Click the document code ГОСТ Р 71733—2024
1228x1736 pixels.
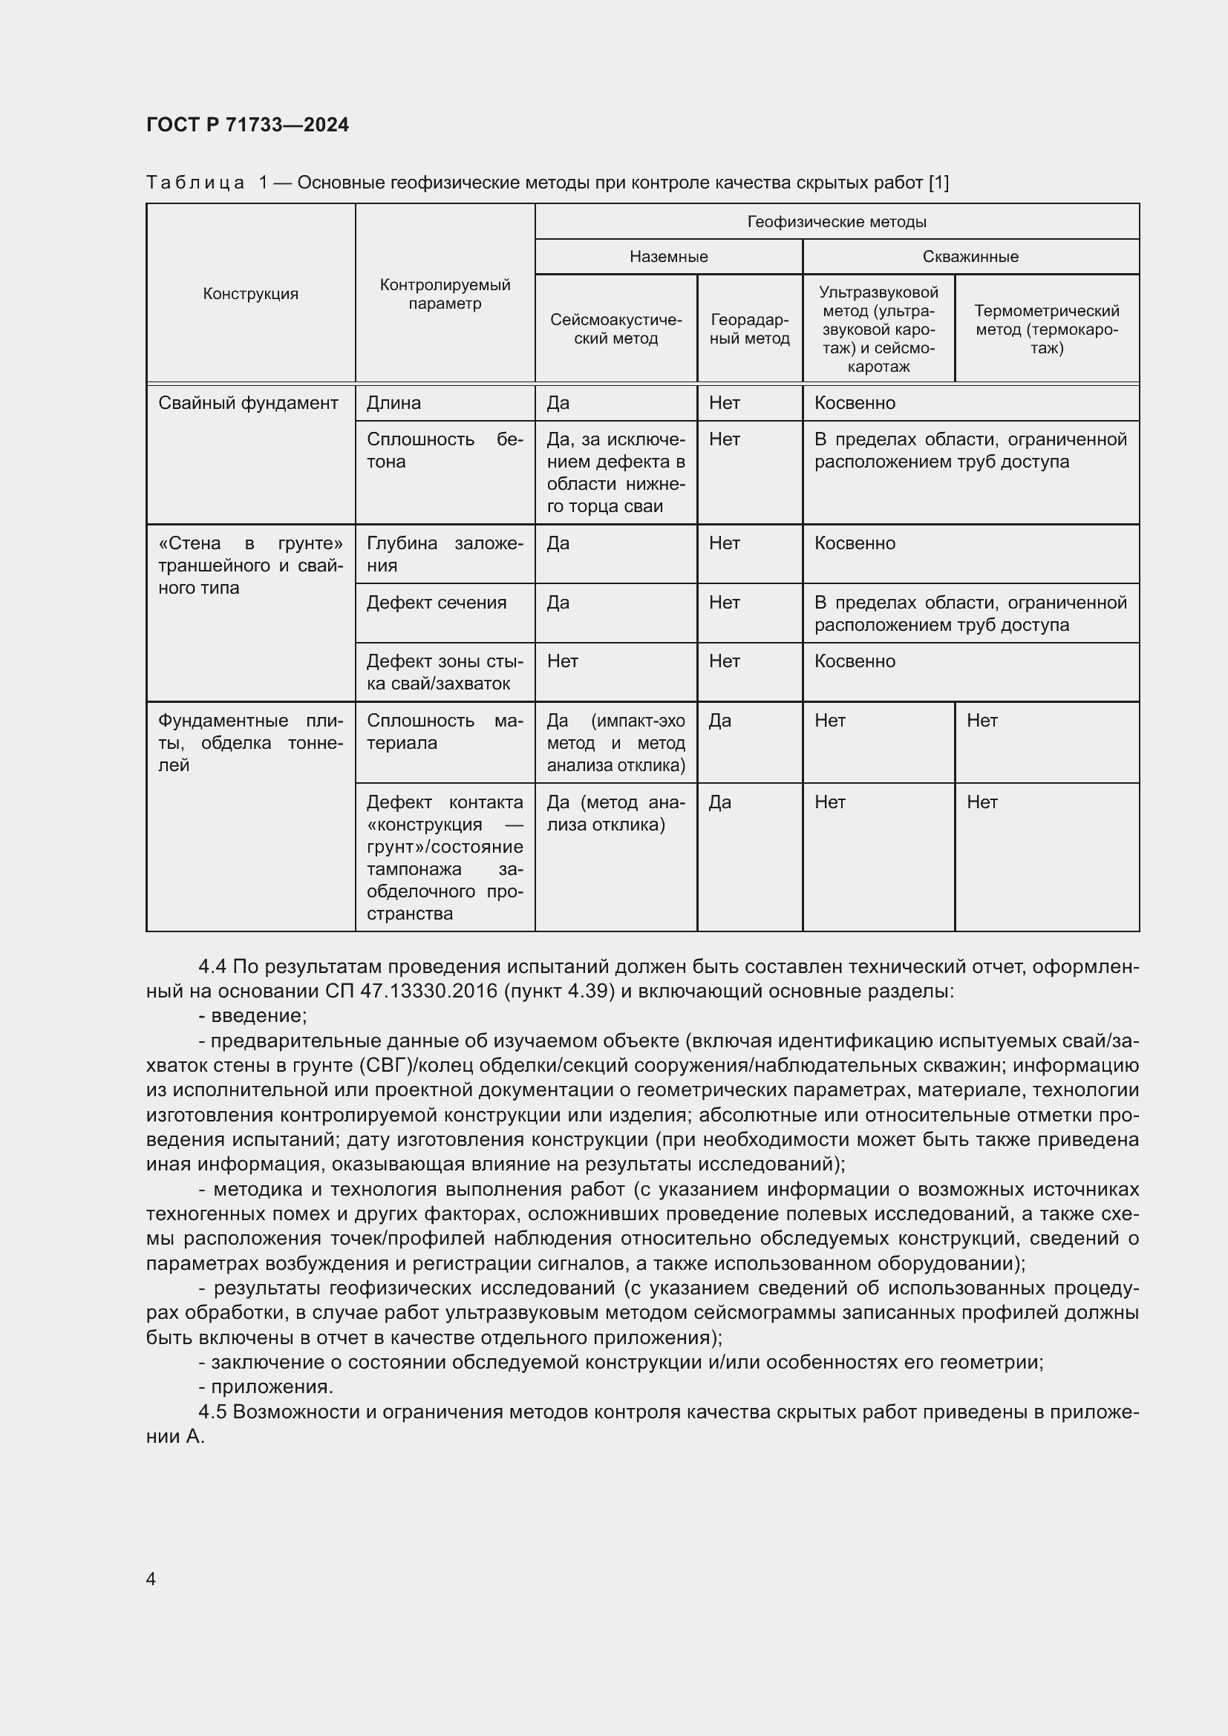(247, 125)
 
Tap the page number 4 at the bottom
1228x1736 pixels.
(151, 1579)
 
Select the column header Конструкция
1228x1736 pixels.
(250, 294)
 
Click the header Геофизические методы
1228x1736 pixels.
(836, 221)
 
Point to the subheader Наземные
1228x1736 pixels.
(668, 256)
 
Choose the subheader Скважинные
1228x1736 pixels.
(970, 256)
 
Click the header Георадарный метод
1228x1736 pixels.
(749, 329)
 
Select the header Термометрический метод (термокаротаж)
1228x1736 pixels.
(1047, 329)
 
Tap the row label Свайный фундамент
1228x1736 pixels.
(248, 403)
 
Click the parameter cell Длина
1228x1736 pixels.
(394, 403)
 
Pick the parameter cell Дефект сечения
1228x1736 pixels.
(437, 603)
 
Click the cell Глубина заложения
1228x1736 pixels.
(445, 554)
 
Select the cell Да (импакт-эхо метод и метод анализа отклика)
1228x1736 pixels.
(615, 742)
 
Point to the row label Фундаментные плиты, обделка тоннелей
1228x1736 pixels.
(250, 742)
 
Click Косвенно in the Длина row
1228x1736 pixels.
(855, 403)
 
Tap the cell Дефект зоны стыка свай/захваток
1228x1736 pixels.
(445, 672)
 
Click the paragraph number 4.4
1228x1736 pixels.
(212, 967)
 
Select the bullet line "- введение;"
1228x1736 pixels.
(252, 1015)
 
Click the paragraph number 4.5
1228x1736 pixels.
(212, 1412)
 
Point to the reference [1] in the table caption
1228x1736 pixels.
(938, 183)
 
